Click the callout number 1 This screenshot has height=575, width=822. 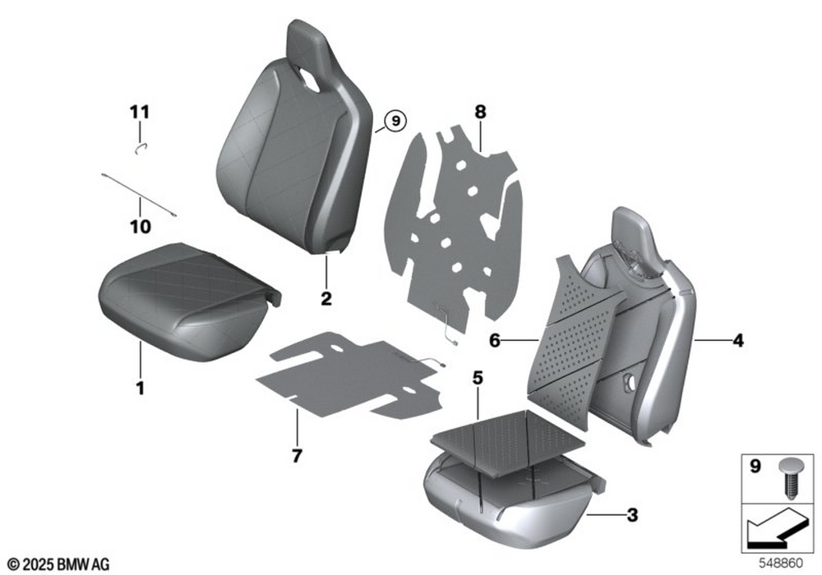pyautogui.click(x=140, y=389)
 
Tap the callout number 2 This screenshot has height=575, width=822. pyautogui.click(x=326, y=299)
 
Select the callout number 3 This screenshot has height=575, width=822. pyautogui.click(x=632, y=515)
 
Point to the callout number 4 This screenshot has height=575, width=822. pyautogui.click(x=737, y=340)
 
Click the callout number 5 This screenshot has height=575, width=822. pyautogui.click(x=477, y=378)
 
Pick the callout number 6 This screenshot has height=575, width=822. pyautogui.click(x=494, y=341)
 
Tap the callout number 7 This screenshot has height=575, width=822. pyautogui.click(x=297, y=456)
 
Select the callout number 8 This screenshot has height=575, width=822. pyautogui.click(x=480, y=112)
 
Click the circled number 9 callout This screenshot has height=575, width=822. pyautogui.click(x=395, y=121)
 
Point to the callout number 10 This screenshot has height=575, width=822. pyautogui.click(x=141, y=227)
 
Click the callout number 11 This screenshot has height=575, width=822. pyautogui.click(x=140, y=112)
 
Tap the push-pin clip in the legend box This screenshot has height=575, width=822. pyautogui.click(x=791, y=477)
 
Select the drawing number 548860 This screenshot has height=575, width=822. pyautogui.click(x=781, y=563)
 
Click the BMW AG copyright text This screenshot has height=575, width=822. pyautogui.click(x=59, y=564)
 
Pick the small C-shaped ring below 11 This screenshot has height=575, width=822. pyautogui.click(x=141, y=149)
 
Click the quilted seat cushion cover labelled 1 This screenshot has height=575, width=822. pyautogui.click(x=189, y=301)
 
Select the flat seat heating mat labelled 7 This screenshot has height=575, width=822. pyautogui.click(x=349, y=375)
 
